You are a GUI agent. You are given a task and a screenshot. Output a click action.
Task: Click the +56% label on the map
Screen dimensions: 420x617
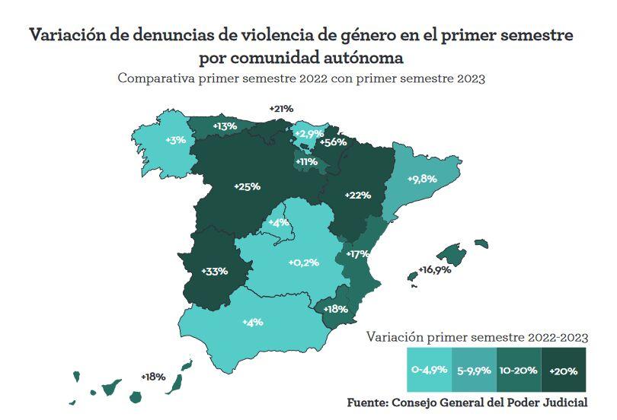(334, 142)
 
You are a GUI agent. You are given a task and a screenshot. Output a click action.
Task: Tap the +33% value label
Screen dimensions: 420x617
(215, 271)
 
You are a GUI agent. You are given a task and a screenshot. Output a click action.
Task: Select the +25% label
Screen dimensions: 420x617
(247, 186)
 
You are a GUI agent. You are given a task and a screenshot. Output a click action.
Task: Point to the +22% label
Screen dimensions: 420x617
(357, 195)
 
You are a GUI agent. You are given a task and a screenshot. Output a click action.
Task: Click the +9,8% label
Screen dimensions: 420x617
(422, 179)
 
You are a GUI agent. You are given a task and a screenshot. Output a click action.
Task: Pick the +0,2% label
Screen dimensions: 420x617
(303, 262)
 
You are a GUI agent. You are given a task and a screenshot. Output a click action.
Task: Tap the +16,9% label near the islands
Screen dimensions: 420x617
(434, 270)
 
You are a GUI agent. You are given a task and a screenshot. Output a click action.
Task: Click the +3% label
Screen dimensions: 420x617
(175, 140)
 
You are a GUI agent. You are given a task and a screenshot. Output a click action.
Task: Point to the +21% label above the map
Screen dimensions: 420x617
(281, 109)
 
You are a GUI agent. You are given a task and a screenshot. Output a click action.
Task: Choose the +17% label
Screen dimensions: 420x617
(357, 253)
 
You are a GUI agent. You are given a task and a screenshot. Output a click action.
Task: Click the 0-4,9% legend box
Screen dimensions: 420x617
(429, 370)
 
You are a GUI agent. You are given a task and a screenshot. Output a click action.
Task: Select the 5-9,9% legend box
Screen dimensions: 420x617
(473, 370)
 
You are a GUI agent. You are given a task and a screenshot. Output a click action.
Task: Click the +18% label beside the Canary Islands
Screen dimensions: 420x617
(153, 377)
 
